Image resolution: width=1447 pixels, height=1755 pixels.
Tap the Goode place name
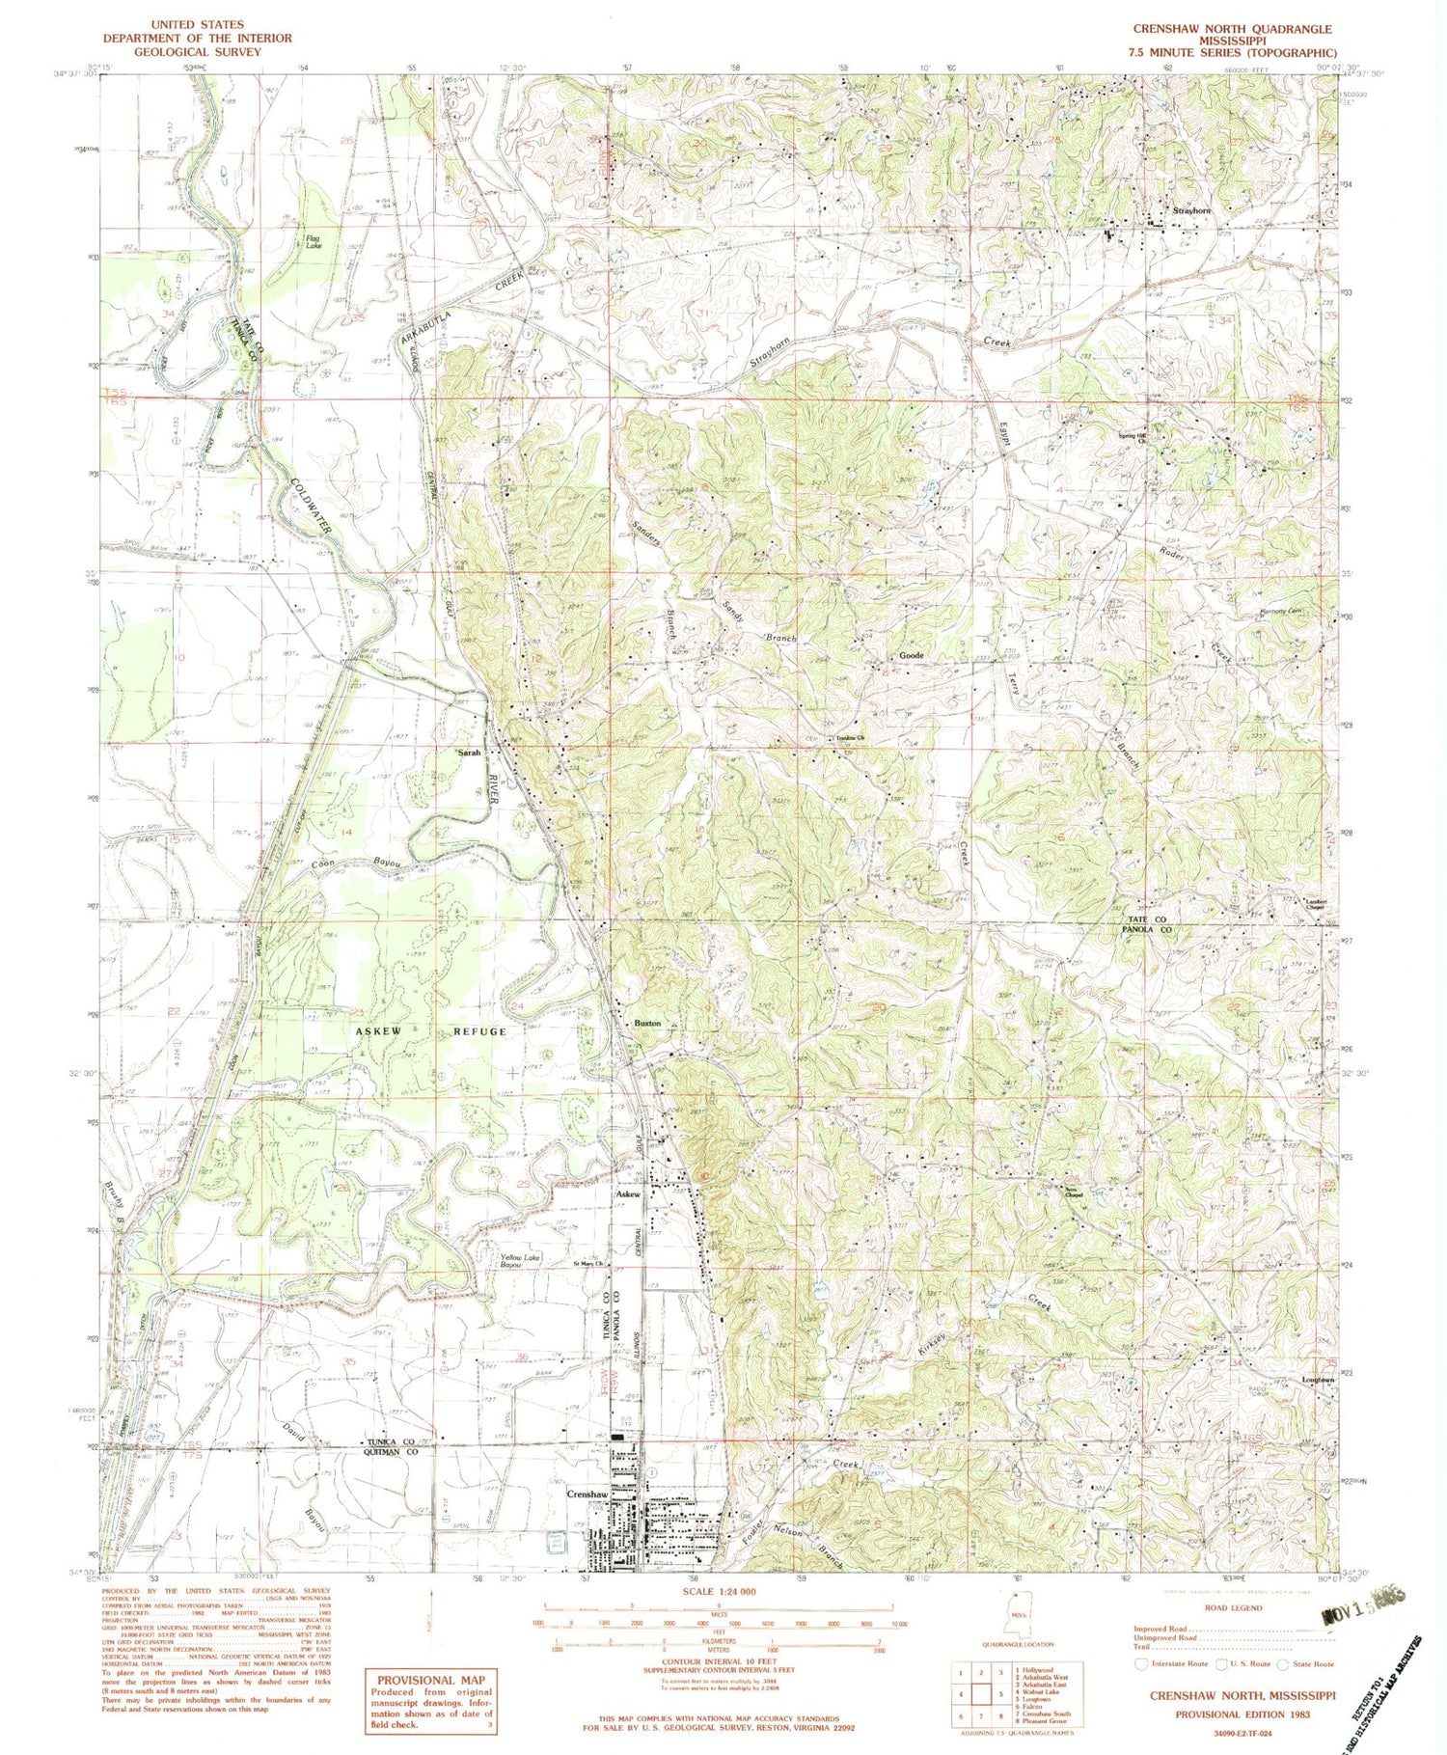[x=912, y=655]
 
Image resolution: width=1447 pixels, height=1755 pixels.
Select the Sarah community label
[x=469, y=752]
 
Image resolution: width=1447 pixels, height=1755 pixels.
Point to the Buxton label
[x=647, y=1024]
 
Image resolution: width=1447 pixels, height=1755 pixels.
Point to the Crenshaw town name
[x=587, y=1494]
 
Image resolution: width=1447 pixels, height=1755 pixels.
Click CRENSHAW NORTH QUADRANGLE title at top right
[x=1234, y=29]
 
